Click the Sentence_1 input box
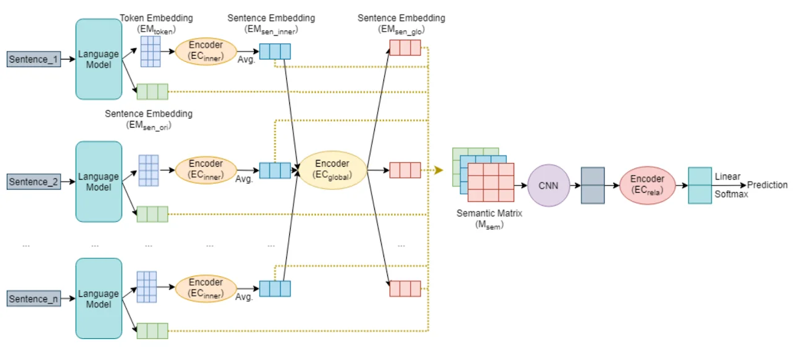pyautogui.click(x=34, y=59)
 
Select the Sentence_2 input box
pyautogui.click(x=34, y=182)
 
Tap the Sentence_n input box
pyautogui.click(x=34, y=299)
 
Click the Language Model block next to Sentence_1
pyautogui.click(x=99, y=59)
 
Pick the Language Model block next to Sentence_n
pyautogui.click(x=99, y=299)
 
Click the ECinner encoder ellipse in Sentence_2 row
pyautogui.click(x=206, y=169)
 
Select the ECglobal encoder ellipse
pyautogui.click(x=332, y=170)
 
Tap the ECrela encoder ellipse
pyautogui.click(x=647, y=185)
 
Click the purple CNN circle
pyautogui.click(x=548, y=185)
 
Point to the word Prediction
pyautogui.click(x=767, y=185)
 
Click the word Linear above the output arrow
pyautogui.click(x=727, y=177)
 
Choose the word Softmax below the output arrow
pyautogui.click(x=731, y=194)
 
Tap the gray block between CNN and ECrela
pyautogui.click(x=592, y=185)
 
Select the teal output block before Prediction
pyautogui.click(x=700, y=185)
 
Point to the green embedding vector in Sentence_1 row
pyautogui.click(x=152, y=92)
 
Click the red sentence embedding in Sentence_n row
pyautogui.click(x=405, y=289)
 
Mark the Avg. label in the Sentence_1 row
pyautogui.click(x=246, y=60)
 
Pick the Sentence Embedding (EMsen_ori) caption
pyautogui.click(x=149, y=119)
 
